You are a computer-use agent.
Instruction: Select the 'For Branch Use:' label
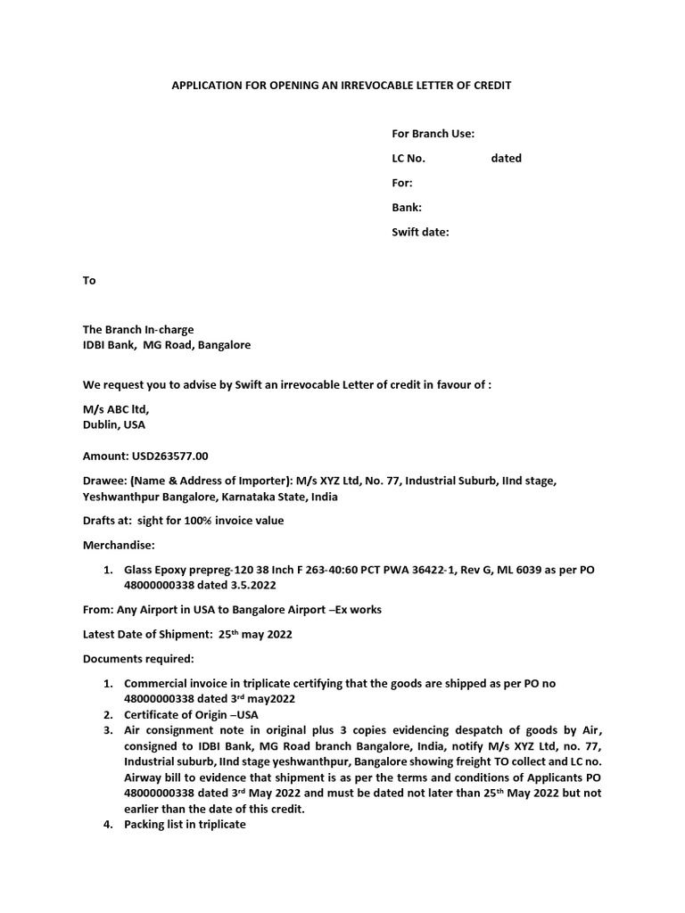tap(433, 134)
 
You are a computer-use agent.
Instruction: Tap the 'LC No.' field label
tap(409, 158)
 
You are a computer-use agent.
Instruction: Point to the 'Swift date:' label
tap(421, 232)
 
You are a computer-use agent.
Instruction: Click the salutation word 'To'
tap(89, 280)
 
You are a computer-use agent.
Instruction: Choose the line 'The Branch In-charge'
tap(138, 329)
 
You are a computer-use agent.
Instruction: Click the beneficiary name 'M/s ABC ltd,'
tap(116, 409)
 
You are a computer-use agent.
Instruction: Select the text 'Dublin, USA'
tap(114, 425)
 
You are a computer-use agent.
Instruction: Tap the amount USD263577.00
tap(145, 456)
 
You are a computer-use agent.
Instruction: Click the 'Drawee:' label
tap(105, 481)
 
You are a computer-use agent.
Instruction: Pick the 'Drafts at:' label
tap(108, 521)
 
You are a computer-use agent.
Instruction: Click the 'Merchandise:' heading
tap(119, 544)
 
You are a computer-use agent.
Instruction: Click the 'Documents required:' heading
tap(137, 659)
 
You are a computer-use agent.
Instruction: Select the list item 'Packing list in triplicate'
tap(185, 825)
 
